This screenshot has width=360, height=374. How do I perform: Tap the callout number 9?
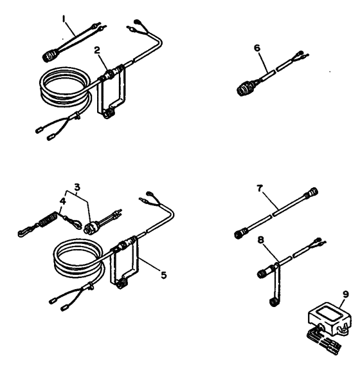coord(346,294)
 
